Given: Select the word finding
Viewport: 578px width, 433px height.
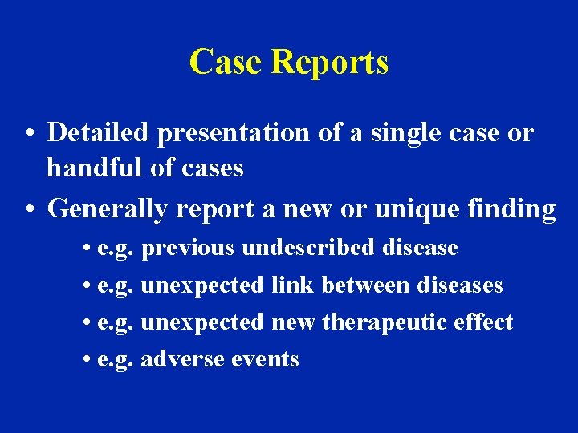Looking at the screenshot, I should (511, 209).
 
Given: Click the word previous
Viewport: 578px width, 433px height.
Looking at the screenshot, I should (187, 249).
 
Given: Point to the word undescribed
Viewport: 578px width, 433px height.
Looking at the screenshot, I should (308, 248).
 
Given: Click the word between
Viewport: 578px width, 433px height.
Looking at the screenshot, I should (363, 285).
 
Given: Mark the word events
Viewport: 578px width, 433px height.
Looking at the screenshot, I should (265, 359).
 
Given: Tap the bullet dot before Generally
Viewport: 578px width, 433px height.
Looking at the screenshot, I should (29, 209).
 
